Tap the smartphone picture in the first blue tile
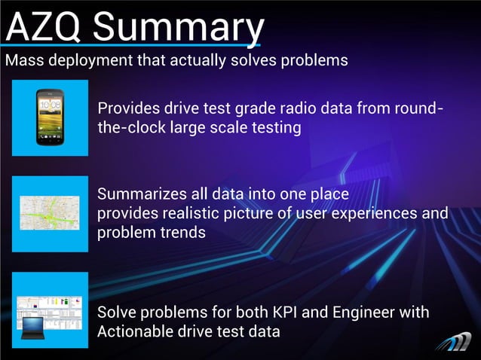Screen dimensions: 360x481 (51, 117)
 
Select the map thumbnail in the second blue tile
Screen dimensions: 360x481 (51, 213)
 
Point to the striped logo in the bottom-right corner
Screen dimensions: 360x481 (454, 341)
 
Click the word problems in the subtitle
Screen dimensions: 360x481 (315, 61)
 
